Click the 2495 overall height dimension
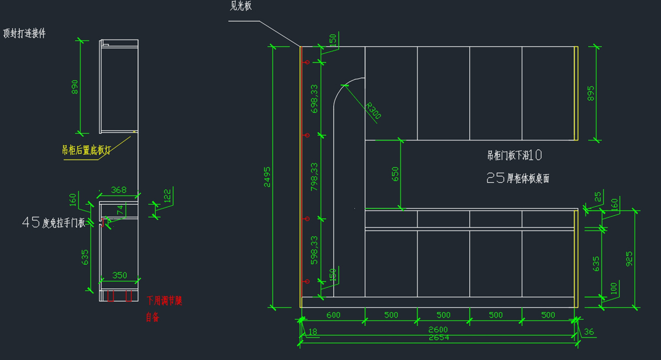coord(267,177)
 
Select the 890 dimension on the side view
coord(74,87)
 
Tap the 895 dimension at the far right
coord(590,94)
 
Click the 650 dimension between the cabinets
coord(395,174)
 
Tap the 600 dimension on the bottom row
coord(333,315)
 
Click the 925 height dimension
coord(629,258)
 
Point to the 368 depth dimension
coord(118,190)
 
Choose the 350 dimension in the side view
coord(119,275)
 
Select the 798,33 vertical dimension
coord(315,176)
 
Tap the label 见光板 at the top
coord(241,7)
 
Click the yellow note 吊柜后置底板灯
coord(86,150)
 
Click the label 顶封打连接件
coord(24,34)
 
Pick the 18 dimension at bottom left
coord(313,331)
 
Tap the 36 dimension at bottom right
coord(588,331)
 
